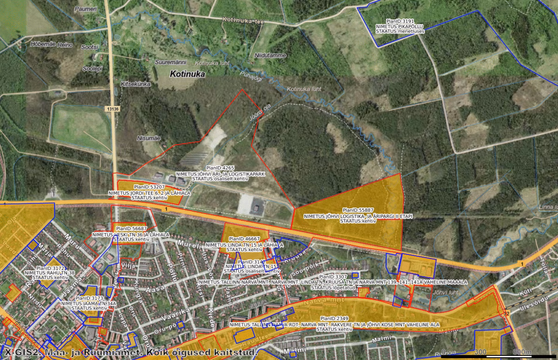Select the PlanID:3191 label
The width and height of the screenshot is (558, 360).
(400, 21)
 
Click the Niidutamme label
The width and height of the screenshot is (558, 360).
(270, 56)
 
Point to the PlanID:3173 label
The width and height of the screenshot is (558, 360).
(89, 298)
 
